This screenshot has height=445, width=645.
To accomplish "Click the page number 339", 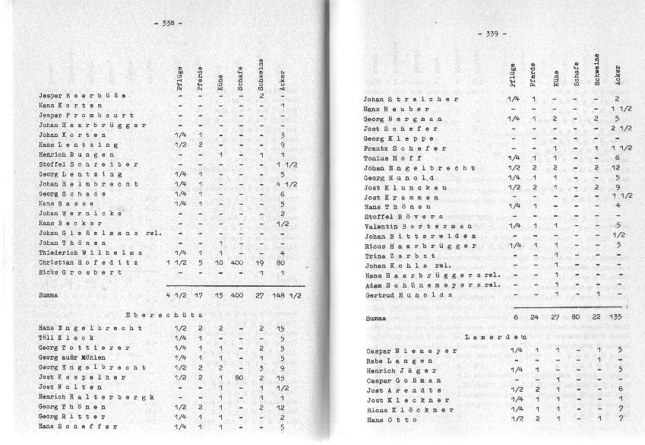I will [x=492, y=33].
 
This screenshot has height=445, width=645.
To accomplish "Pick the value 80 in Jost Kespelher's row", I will [x=239, y=377].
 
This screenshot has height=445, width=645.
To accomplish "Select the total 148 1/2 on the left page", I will [x=287, y=294].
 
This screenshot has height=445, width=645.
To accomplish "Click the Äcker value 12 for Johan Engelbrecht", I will [x=618, y=167].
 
